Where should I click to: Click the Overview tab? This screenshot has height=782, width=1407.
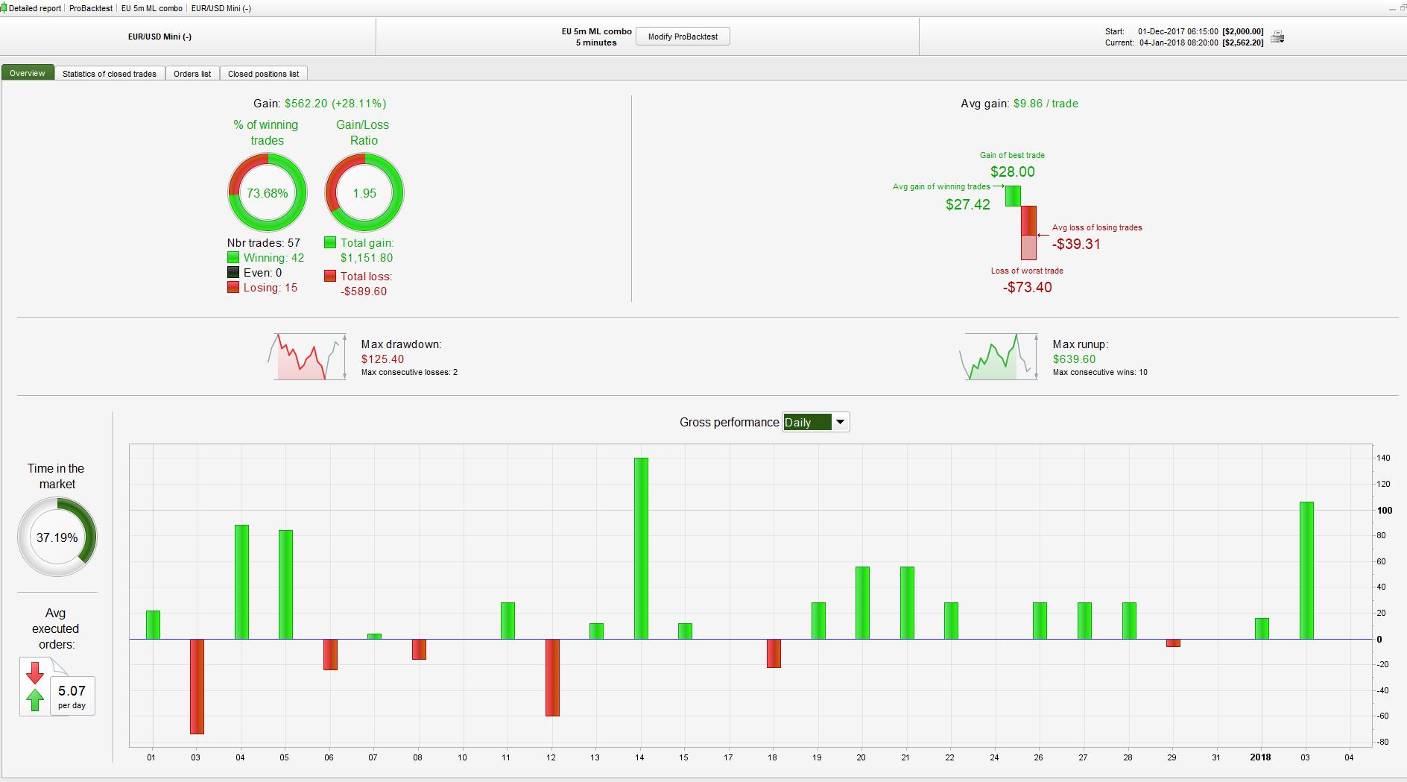tap(28, 73)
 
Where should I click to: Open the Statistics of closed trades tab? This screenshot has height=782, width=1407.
tap(110, 73)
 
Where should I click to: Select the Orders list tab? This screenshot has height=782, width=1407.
tap(192, 73)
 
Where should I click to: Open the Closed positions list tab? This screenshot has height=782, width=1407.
tap(263, 73)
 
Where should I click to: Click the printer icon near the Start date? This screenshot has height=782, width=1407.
tap(1277, 37)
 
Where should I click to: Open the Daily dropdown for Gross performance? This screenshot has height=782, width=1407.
tap(815, 422)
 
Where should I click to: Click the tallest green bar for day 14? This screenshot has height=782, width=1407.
tap(641, 549)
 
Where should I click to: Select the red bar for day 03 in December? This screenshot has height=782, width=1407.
tap(197, 687)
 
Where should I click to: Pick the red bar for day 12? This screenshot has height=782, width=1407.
tap(552, 678)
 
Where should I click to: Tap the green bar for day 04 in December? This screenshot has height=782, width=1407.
tap(241, 582)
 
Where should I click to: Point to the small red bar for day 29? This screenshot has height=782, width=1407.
tap(1173, 643)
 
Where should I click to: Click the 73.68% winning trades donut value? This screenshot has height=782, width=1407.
tap(267, 193)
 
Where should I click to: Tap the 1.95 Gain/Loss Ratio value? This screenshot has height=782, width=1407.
tap(364, 193)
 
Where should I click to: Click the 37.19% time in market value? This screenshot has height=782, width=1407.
tap(57, 537)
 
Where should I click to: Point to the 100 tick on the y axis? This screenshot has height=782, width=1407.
tap(1385, 511)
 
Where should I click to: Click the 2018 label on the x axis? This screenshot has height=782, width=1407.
tap(1260, 757)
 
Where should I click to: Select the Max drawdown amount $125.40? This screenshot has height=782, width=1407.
tap(382, 359)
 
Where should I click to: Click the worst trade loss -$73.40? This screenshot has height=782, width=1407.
tap(1027, 287)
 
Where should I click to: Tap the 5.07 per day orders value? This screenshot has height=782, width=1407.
tap(72, 691)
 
